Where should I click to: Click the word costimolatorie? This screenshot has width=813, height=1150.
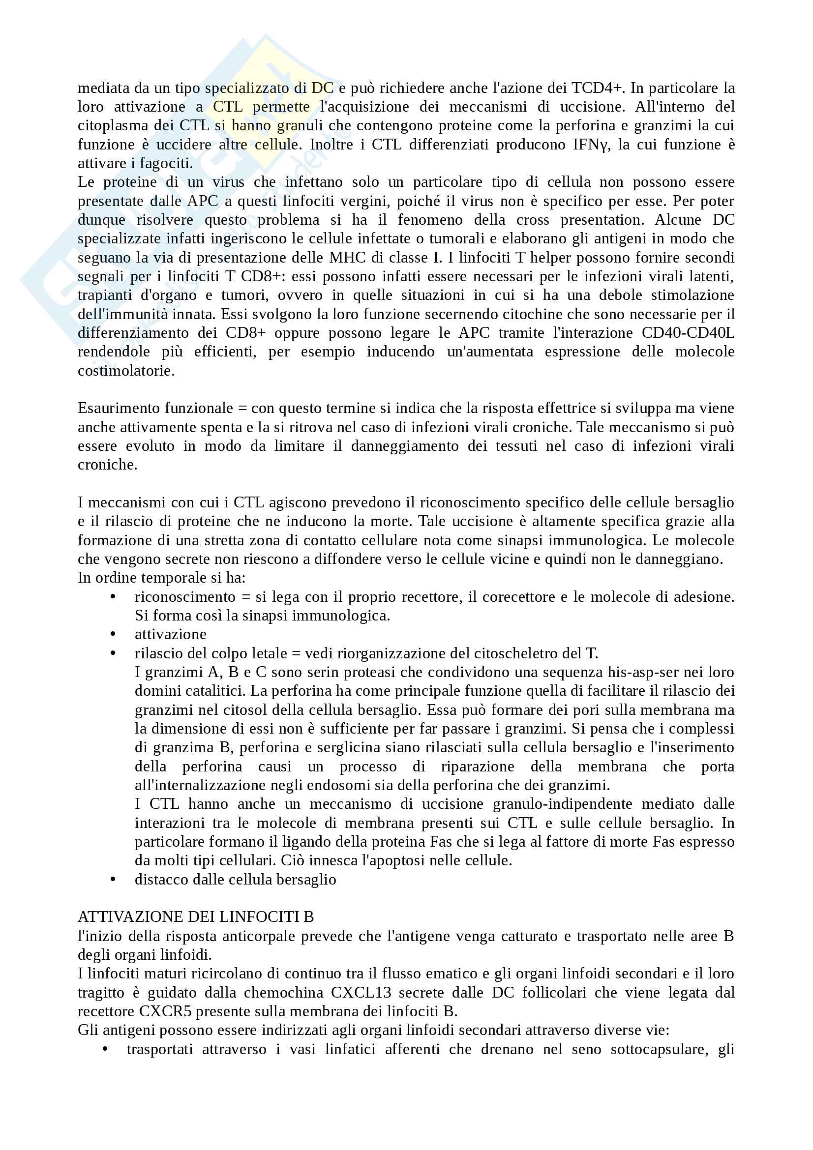click(126, 371)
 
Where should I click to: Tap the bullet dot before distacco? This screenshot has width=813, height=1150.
click(113, 880)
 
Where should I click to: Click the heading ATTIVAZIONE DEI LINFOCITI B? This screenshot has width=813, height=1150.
click(196, 916)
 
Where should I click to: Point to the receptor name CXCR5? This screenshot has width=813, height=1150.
click(165, 1011)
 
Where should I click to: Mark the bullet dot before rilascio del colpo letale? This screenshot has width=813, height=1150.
click(113, 653)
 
